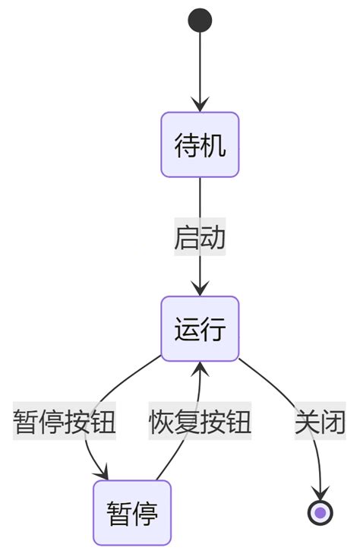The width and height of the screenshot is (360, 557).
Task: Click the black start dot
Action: click(200, 20)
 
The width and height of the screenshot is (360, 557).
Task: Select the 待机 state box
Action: click(200, 144)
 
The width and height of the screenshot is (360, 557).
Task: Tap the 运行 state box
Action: click(200, 329)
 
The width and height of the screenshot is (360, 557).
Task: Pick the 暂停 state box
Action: click(132, 513)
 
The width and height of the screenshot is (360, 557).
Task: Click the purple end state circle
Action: click(321, 513)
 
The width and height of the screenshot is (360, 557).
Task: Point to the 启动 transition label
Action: click(200, 237)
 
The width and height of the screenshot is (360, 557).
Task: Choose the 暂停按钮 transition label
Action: click(65, 421)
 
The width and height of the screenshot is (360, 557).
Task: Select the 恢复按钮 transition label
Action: click(200, 421)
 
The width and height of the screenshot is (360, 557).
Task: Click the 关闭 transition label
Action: click(321, 421)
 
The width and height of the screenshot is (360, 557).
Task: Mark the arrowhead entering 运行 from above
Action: click(200, 289)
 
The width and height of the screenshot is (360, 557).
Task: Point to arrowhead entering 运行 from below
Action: click(200, 369)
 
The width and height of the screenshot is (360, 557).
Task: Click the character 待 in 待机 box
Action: click(188, 144)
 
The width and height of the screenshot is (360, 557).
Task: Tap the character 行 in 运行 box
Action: click(213, 329)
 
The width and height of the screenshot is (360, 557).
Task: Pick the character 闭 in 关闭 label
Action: click(333, 421)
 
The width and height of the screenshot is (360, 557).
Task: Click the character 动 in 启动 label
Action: click(213, 237)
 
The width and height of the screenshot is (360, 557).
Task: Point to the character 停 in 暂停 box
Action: click(145, 513)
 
